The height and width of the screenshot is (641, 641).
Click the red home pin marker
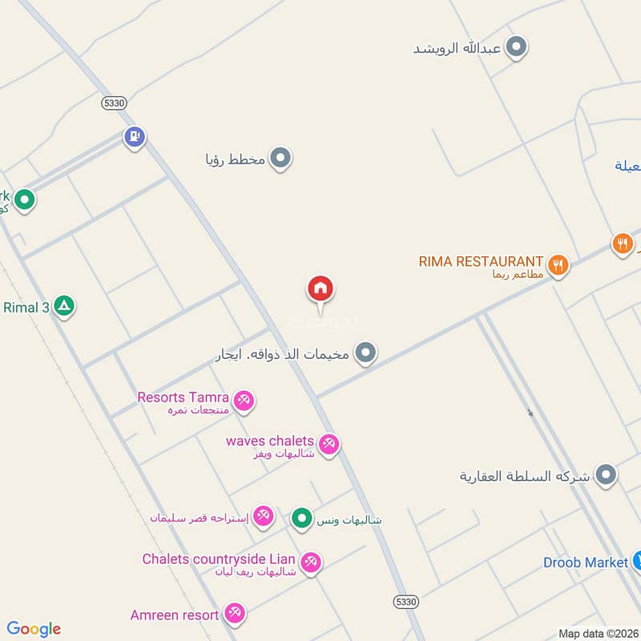(x=320, y=289)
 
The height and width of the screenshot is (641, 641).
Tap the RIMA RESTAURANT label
(x=481, y=261)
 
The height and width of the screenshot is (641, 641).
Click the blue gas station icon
(x=134, y=137)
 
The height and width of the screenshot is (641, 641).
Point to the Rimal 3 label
(x=26, y=307)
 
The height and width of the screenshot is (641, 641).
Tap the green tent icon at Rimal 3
(x=64, y=306)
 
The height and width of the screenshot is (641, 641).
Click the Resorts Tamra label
(x=183, y=397)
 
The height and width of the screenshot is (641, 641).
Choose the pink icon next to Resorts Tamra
(x=244, y=400)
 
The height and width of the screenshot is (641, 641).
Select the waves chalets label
(x=269, y=441)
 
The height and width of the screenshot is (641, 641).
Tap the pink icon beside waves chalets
(x=328, y=444)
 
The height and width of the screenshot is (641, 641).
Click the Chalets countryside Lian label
(x=219, y=559)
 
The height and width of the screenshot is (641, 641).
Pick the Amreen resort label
(x=175, y=615)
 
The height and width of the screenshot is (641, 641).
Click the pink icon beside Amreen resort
(x=234, y=615)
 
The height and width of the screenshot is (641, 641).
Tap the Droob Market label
(x=585, y=562)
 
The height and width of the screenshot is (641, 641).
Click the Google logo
(x=34, y=629)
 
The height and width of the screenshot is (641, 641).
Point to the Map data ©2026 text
(x=598, y=633)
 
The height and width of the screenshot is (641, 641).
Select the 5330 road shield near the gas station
(x=115, y=103)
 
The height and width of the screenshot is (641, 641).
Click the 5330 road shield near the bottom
(x=406, y=601)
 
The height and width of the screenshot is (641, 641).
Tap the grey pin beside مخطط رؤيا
(x=280, y=159)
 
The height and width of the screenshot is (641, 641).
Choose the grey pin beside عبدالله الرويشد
(x=517, y=47)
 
